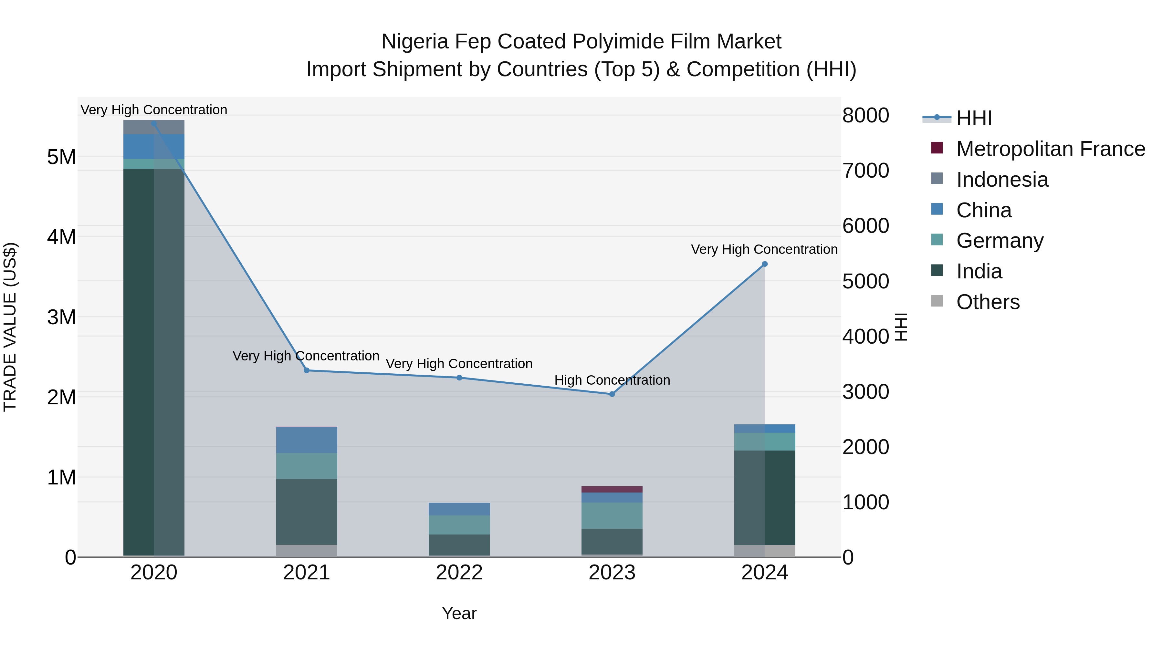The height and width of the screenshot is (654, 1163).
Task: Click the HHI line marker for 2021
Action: (307, 370)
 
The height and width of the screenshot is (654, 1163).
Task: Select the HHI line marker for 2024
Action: (764, 264)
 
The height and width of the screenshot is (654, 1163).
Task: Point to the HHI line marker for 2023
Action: (612, 394)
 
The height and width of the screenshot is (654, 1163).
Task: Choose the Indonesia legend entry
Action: (1002, 180)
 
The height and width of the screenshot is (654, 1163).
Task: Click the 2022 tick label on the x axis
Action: (459, 573)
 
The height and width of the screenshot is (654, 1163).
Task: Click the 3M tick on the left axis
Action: (61, 317)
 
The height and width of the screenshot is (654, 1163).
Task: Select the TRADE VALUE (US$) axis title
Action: (10, 327)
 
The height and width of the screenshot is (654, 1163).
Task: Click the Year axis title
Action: (459, 613)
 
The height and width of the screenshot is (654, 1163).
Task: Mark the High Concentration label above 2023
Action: (612, 380)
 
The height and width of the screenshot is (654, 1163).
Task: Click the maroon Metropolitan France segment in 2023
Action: (612, 489)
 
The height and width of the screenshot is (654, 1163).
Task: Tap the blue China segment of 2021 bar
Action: (307, 440)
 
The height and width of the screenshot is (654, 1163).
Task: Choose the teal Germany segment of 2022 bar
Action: (459, 525)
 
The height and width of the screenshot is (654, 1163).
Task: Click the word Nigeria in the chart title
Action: (415, 42)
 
